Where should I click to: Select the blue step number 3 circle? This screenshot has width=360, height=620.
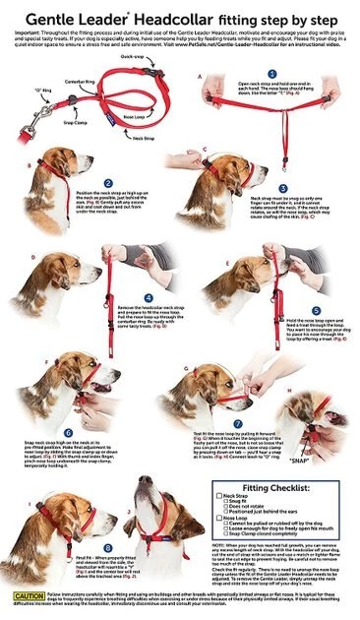click(x=254, y=186)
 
